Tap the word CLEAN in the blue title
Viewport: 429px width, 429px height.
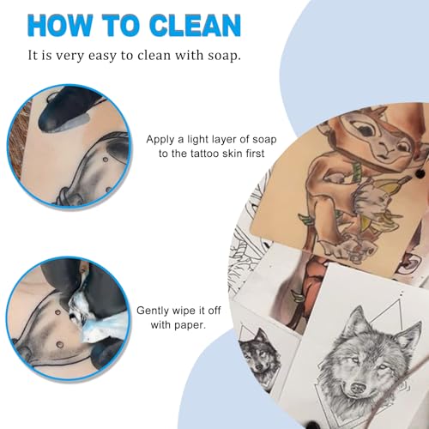point(196,25)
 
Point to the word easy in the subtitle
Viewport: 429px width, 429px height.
point(102,56)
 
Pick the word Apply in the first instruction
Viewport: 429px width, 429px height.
point(160,140)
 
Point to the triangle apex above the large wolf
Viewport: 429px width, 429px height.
point(399,301)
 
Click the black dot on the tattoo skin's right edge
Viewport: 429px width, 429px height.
point(420,173)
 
